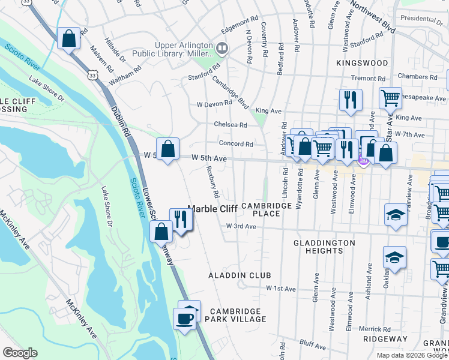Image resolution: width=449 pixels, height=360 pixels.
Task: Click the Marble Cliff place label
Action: (x=212, y=209)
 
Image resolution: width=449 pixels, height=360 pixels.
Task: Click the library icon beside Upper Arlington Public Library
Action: (x=223, y=47)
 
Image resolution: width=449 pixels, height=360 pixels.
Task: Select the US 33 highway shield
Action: (x=91, y=75)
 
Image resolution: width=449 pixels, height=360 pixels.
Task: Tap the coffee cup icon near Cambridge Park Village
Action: (x=184, y=318)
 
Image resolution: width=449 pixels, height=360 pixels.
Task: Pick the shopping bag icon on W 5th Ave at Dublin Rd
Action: (x=168, y=148)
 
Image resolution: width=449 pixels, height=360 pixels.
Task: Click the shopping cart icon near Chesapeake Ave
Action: (x=390, y=97)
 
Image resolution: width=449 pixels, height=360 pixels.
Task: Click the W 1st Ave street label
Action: (x=281, y=289)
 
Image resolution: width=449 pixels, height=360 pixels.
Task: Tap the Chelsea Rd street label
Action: (x=231, y=125)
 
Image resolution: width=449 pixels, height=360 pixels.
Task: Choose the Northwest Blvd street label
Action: (x=373, y=16)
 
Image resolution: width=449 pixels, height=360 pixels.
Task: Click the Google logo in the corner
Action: (x=20, y=353)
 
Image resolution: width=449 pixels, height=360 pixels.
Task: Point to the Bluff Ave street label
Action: (x=312, y=346)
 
